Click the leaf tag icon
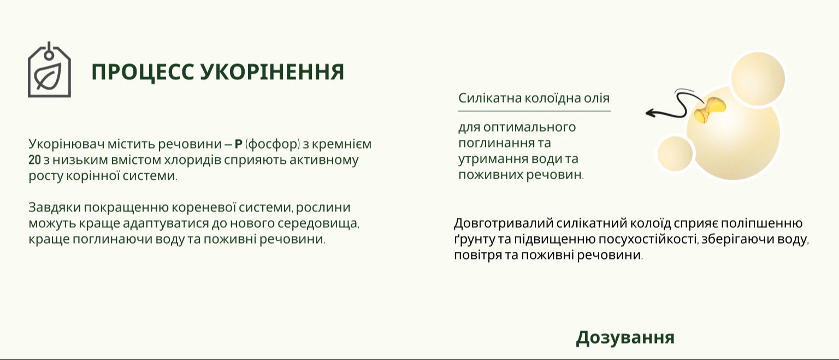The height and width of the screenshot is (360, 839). click(49, 70)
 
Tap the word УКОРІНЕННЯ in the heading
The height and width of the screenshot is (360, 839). click(273, 72)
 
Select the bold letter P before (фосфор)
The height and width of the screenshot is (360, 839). click(239, 144)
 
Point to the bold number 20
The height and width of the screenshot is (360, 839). click(34, 160)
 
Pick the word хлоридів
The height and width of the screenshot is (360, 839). click(197, 160)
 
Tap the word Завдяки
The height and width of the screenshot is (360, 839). click(54, 207)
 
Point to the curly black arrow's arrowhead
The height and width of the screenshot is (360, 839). click(651, 113)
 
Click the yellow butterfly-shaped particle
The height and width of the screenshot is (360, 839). click(710, 110)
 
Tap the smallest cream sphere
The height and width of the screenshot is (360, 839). click(675, 154)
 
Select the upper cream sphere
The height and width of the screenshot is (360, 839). click(758, 79)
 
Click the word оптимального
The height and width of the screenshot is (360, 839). click(529, 127)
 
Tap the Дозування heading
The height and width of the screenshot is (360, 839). click(625, 338)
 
